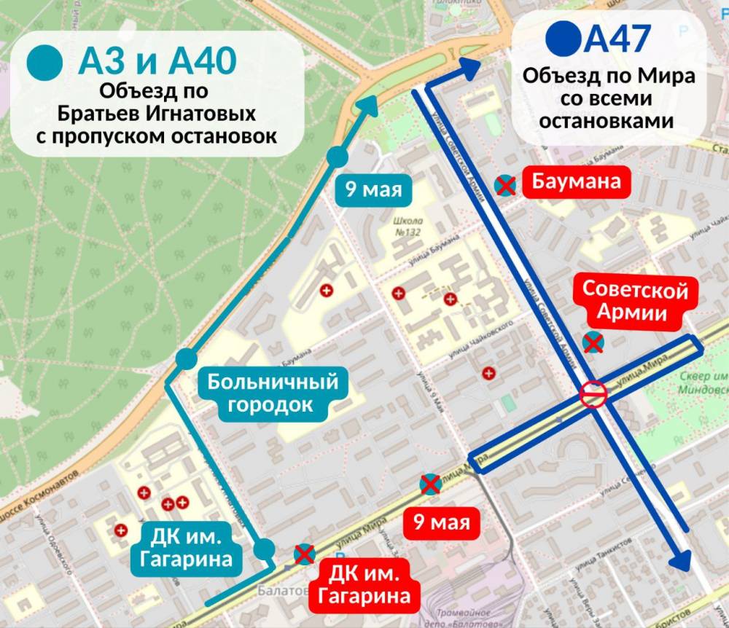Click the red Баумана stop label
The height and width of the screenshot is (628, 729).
(x=576, y=181)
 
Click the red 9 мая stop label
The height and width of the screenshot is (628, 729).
(x=441, y=522)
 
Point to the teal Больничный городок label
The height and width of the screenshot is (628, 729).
(x=273, y=393)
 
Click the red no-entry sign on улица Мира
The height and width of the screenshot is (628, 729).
(x=593, y=394)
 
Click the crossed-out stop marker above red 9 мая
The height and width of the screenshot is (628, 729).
(x=430, y=484)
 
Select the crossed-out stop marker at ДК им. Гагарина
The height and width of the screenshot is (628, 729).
(x=303, y=555)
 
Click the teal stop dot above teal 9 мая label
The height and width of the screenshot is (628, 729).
(x=338, y=157)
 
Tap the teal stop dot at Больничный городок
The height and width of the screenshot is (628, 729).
(x=187, y=358)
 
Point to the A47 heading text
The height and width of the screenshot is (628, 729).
(x=618, y=39)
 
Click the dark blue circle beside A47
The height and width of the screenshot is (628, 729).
(x=564, y=39)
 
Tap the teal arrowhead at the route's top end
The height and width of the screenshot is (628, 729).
(x=370, y=103)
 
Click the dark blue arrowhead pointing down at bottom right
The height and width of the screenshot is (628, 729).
(x=681, y=560)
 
